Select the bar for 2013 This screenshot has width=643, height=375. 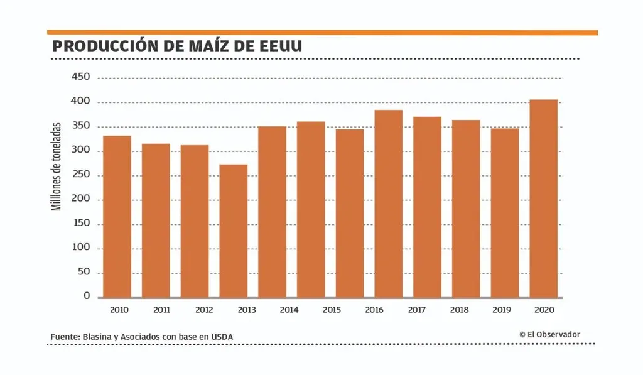234,231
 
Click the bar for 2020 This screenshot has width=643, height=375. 544,198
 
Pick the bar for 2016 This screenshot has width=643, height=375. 389,204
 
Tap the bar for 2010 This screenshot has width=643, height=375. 117,217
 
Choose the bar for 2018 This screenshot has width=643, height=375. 466,209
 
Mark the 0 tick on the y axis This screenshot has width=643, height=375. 87,296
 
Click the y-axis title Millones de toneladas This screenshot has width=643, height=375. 57,166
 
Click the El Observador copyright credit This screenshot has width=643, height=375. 549,335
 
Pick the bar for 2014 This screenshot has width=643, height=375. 273,212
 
